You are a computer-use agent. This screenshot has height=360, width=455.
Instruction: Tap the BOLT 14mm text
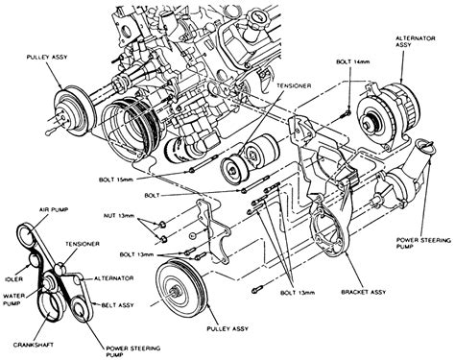tap(353, 61)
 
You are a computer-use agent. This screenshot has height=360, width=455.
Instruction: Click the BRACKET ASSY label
tap(364, 292)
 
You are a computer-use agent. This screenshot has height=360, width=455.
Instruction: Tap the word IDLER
tap(14, 279)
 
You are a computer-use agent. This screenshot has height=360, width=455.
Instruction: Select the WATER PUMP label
tap(12, 300)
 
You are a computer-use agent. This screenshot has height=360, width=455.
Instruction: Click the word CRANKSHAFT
tap(34, 345)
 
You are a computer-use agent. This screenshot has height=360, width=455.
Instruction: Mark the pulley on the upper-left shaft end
tap(73, 110)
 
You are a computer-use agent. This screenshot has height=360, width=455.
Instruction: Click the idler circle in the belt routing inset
tap(35, 259)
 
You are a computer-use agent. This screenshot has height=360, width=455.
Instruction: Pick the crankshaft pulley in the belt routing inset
tap(52, 306)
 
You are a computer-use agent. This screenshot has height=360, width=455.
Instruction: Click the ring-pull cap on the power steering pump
tap(425, 146)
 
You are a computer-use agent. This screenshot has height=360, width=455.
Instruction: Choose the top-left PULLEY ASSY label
tap(47, 58)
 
